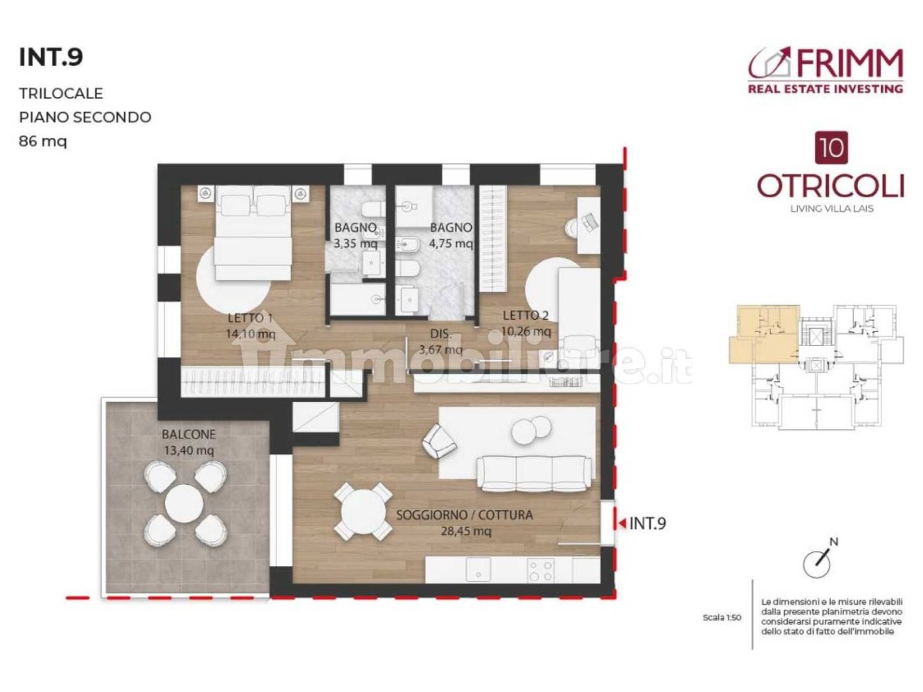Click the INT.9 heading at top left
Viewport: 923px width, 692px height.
click(51, 57)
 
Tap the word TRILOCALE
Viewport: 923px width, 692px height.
click(61, 93)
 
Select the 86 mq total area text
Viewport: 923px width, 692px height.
click(43, 141)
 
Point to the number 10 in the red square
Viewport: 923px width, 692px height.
click(831, 148)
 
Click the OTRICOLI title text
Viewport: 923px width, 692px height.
click(830, 185)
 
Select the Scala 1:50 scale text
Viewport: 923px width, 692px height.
click(722, 617)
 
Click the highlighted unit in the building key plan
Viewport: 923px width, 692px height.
click(762, 336)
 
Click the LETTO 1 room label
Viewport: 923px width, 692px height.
click(250, 318)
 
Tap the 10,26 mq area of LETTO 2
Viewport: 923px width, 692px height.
click(526, 331)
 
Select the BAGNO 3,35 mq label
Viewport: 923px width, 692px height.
click(355, 235)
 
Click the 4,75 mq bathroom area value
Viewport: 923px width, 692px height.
click(451, 244)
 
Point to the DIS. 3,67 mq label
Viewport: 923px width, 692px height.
click(440, 342)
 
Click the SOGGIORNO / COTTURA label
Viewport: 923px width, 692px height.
click(465, 515)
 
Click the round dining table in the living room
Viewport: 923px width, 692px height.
click(363, 512)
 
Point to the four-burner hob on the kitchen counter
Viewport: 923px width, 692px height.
click(541, 570)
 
